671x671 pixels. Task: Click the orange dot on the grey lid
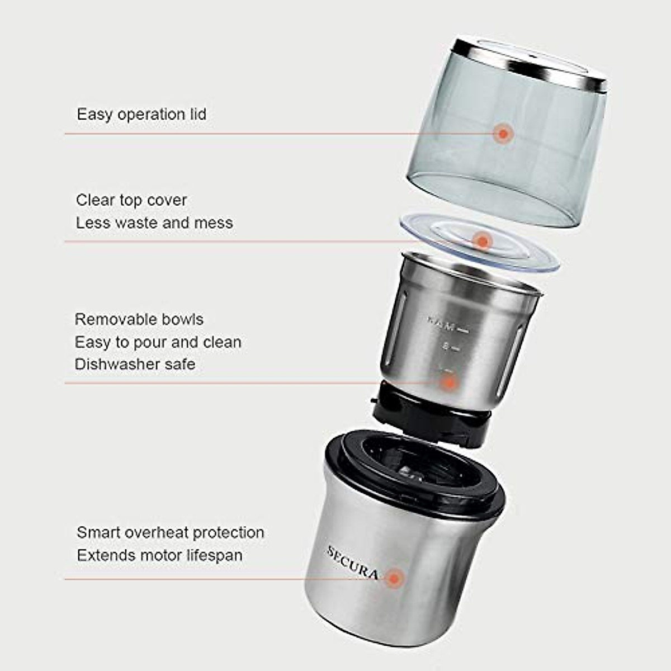pyautogui.click(x=503, y=134)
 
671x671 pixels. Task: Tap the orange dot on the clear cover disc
pyautogui.click(x=481, y=242)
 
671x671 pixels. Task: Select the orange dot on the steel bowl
pyautogui.click(x=448, y=383)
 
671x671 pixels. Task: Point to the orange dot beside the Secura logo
pyautogui.click(x=394, y=579)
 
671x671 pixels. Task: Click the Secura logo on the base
pyautogui.click(x=352, y=562)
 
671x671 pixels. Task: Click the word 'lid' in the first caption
pyautogui.click(x=198, y=114)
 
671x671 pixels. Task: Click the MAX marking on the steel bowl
pyautogui.click(x=442, y=323)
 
